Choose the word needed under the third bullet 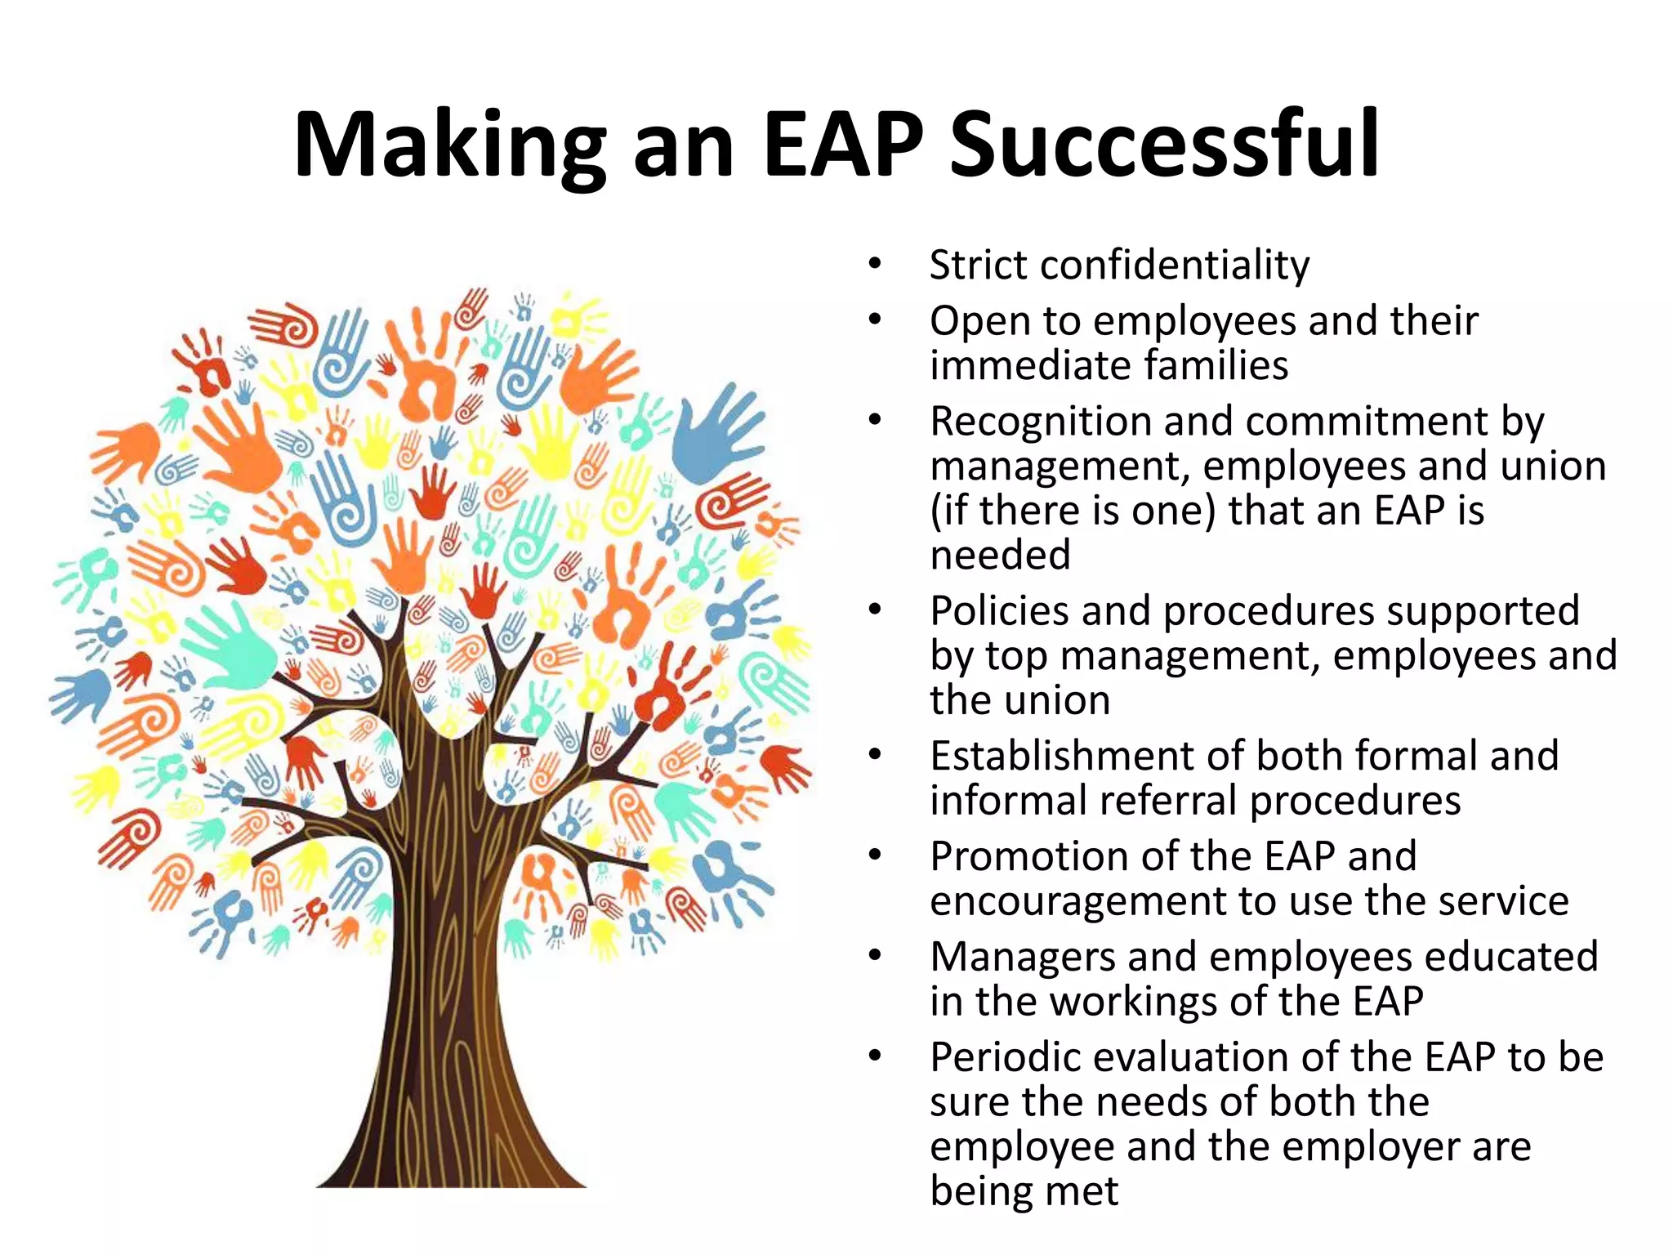[1000, 556]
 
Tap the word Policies [999, 611]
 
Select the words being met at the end [1024, 1191]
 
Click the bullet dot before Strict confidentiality [875, 265]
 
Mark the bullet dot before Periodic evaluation [875, 1056]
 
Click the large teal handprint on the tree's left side [233, 645]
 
